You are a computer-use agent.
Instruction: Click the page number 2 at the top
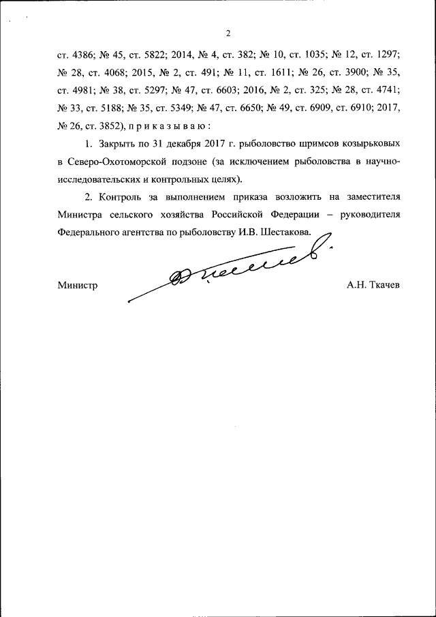tap(228, 33)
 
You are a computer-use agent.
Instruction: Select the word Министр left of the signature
tap(77, 286)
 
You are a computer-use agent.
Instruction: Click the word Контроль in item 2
tap(120, 197)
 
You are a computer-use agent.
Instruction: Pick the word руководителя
tap(367, 214)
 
